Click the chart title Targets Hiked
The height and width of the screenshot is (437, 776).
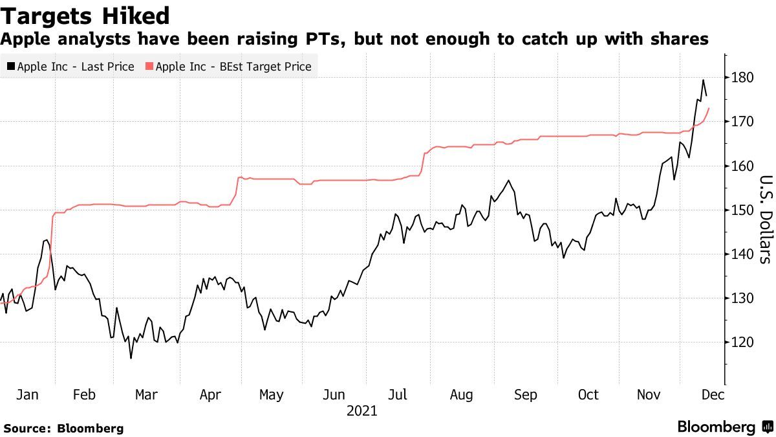tap(85, 16)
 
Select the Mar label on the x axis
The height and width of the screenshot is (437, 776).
tap(145, 395)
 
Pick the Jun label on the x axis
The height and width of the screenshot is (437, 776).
tap(334, 395)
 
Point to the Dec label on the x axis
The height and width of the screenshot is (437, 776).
tap(713, 395)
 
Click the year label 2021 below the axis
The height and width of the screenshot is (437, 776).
tap(362, 411)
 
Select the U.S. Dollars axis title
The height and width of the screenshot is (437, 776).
tap(764, 220)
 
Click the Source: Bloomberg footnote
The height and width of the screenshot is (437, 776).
tap(63, 428)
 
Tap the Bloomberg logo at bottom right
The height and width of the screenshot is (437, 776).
tap(724, 427)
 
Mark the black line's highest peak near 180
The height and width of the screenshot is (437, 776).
tap(703, 80)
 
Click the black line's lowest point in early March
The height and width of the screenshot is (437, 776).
tap(131, 358)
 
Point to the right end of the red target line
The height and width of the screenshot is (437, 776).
tap(709, 108)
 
